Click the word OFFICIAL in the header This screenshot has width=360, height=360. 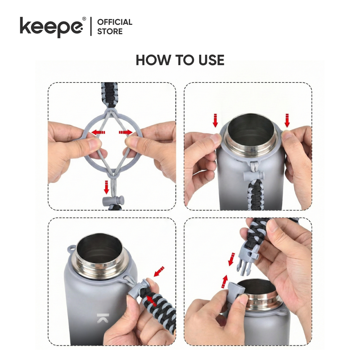tap(114, 22)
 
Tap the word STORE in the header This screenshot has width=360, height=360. tap(110, 31)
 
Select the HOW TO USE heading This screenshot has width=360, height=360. tap(180, 60)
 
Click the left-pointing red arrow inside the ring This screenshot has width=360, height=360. tap(98, 132)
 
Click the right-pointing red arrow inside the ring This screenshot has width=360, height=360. tap(126, 132)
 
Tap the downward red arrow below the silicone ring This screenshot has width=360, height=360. tap(106, 187)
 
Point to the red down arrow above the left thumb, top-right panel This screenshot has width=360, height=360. tap(215, 120)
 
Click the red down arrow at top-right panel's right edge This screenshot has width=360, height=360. tap(287, 120)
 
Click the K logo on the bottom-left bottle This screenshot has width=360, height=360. tap(102, 318)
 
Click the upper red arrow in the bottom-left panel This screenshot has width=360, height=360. tap(159, 271)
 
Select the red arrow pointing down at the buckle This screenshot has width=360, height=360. tap(231, 260)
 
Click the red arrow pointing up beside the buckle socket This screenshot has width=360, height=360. tap(225, 281)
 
